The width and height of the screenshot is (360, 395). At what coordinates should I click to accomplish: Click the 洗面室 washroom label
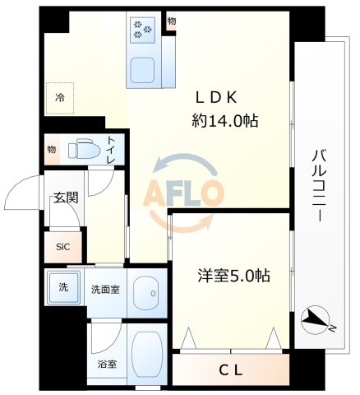[x=104, y=289]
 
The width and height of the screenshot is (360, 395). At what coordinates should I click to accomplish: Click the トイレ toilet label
[x=111, y=150]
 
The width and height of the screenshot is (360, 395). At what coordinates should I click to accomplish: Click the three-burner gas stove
[x=141, y=30]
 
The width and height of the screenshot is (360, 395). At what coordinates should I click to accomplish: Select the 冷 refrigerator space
[x=59, y=95]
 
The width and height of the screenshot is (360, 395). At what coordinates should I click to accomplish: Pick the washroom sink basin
[x=146, y=291]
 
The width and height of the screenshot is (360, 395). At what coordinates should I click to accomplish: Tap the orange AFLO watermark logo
[x=184, y=192]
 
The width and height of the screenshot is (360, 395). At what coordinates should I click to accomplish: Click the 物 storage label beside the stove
[x=171, y=21]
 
